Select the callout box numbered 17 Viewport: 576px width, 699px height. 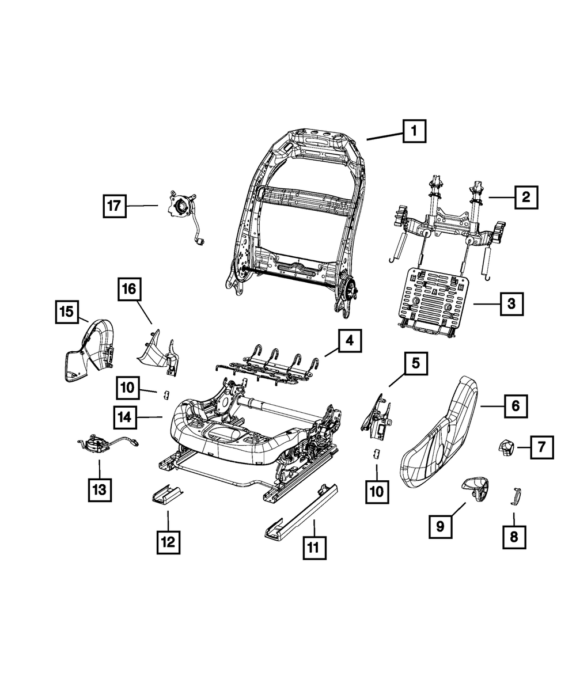pyautogui.click(x=115, y=206)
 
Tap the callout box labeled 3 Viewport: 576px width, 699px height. pyautogui.click(x=511, y=303)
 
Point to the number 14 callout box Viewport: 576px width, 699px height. pyautogui.click(x=125, y=417)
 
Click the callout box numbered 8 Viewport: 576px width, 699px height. pyautogui.click(x=514, y=537)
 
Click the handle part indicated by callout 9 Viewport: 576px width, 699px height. pyautogui.click(x=476, y=488)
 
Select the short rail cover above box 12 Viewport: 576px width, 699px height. pyautogui.click(x=167, y=493)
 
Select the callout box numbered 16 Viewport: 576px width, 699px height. pyautogui.click(x=131, y=289)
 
